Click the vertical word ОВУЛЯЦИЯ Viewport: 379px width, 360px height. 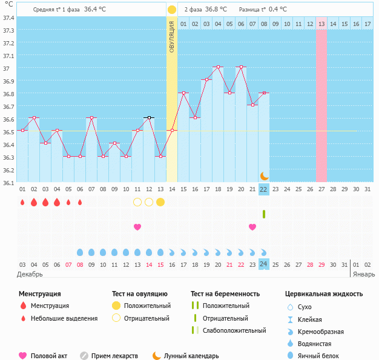tap(172, 37)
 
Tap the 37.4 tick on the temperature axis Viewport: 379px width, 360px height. tap(8, 18)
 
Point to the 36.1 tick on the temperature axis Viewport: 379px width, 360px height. tap(8, 182)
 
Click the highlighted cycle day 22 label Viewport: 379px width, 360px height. tap(263, 189)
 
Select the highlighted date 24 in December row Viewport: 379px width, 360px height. tap(263, 264)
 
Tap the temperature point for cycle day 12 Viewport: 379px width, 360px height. tap(149, 117)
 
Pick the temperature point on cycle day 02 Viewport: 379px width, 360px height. tap(34, 117)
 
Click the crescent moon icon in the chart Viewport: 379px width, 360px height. tap(264, 175)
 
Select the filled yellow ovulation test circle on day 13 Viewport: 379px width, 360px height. tap(160, 202)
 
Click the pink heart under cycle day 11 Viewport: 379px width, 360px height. tap(137, 227)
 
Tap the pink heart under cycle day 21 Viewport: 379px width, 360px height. tap(252, 227)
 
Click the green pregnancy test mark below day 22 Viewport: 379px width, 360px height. tap(264, 214)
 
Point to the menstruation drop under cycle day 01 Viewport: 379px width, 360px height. tap(22, 202)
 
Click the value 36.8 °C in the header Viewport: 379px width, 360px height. tap(216, 9)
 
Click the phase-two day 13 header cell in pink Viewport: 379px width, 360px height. tap(321, 24)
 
